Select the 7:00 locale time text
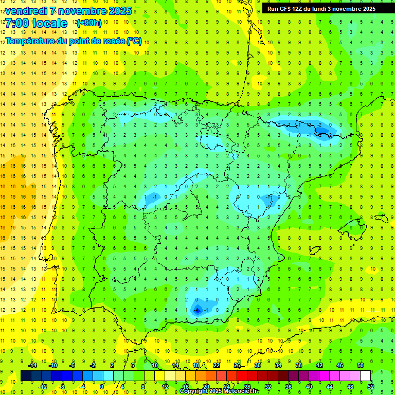coord(36,23)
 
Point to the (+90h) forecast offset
coord(89,23)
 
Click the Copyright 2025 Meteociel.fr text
coord(219,391)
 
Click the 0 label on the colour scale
coord(102,387)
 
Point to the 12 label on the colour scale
coord(165,387)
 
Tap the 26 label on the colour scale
coord(237,365)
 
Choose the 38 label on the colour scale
coord(299,365)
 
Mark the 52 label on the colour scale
coord(371,387)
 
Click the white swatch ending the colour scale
coord(365,376)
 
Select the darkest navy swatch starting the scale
coord(26,376)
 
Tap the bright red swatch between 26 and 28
coord(242,376)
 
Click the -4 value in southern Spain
coord(197,310)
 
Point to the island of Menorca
coord(381,218)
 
